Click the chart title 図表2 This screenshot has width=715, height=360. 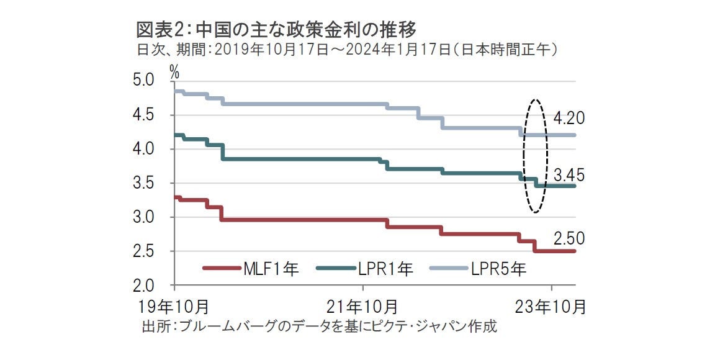click(276, 29)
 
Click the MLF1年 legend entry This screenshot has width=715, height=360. click(251, 269)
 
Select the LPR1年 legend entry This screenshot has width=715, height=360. click(364, 269)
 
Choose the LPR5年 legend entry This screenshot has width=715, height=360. click(477, 269)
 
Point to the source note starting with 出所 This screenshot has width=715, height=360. click(320, 326)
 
